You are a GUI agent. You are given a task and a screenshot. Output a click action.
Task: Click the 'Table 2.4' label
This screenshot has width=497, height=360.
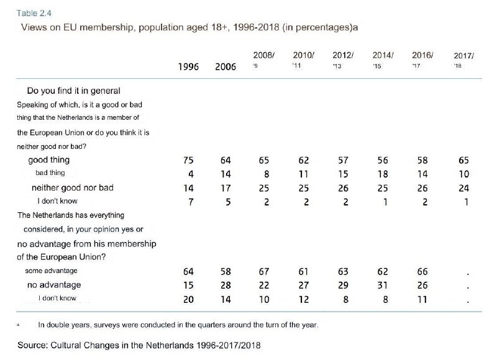34,13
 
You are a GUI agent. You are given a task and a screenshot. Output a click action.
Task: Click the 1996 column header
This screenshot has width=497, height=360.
188,67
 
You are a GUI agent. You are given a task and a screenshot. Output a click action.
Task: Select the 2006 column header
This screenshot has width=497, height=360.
226,67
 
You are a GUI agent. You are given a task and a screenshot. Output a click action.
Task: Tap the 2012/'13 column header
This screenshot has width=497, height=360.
343,60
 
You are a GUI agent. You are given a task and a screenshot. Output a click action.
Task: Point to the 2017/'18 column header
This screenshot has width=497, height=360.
463,60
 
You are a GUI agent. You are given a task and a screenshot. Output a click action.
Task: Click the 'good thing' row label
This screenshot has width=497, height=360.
49,160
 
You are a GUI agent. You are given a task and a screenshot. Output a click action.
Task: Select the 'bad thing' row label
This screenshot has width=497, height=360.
50,173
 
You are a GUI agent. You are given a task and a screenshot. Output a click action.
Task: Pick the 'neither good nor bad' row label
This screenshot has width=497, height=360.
73,187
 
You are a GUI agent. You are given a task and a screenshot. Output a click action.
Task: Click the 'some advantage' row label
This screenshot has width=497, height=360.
51,271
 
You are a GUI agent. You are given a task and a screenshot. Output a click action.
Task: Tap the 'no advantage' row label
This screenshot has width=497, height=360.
54,285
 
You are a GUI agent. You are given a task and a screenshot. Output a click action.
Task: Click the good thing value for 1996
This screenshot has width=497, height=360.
188,160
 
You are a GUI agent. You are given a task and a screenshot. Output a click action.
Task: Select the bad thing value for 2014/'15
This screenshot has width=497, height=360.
383,174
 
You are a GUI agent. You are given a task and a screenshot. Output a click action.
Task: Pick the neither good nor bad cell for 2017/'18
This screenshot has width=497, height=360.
463,189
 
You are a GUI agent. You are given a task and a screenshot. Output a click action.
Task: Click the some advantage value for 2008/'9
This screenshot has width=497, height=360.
263,272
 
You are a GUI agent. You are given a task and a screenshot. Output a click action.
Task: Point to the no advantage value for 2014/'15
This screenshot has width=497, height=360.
383,286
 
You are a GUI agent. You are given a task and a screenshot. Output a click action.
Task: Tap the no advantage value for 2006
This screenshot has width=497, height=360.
226,286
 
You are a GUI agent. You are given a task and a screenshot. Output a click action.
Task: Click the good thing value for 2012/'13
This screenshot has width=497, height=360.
343,160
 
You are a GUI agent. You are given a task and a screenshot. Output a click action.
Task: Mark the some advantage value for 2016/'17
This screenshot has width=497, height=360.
422,272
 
